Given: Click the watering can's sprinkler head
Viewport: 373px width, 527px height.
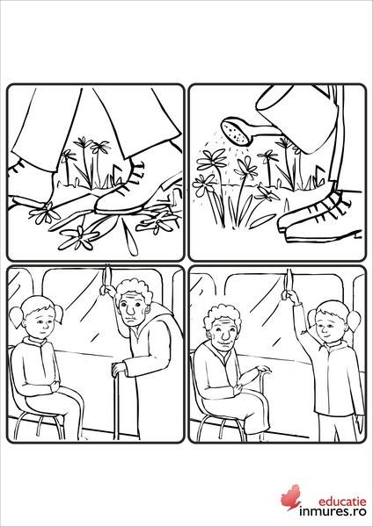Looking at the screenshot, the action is [x=237, y=132].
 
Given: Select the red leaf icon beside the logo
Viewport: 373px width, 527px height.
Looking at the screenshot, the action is [x=291, y=497].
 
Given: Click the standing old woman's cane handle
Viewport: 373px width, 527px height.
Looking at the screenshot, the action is [x=119, y=365].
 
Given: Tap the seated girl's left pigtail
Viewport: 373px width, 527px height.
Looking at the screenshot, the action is [x=16, y=318].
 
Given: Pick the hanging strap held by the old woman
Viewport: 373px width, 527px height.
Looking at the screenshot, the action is [x=106, y=278].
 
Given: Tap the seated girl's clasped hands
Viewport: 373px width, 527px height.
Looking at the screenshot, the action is [x=53, y=387].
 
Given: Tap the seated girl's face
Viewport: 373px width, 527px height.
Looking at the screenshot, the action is [x=40, y=322].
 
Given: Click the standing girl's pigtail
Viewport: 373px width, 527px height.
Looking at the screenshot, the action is [x=355, y=321].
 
